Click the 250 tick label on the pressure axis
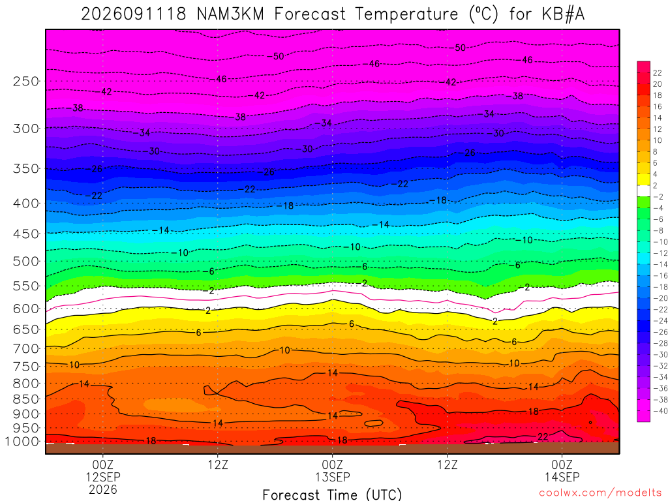tap(25, 81)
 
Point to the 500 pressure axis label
tap(25, 261)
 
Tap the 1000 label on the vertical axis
tap(22, 442)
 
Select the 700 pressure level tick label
tap(25, 349)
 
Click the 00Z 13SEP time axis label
tap(332, 470)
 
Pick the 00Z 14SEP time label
tap(562, 470)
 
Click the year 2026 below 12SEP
tap(103, 489)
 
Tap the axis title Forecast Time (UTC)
tap(332, 494)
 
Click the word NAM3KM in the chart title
tap(230, 14)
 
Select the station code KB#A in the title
tap(563, 14)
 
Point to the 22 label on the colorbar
tap(658, 73)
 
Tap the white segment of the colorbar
tap(643, 191)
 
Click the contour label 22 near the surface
tap(543, 436)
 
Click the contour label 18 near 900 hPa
tap(534, 412)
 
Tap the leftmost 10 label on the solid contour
tap(74, 365)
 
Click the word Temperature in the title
tap(406, 14)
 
